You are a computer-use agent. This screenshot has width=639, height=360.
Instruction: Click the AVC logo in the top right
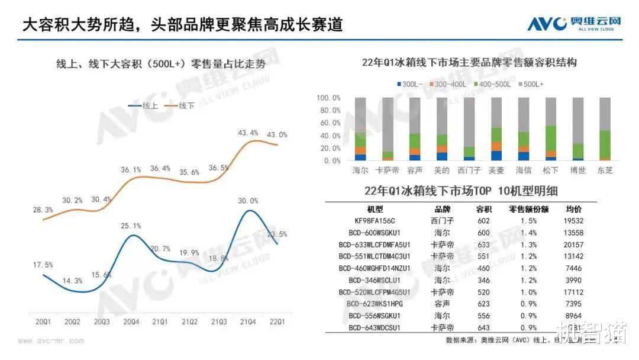pyautogui.click(x=574, y=24)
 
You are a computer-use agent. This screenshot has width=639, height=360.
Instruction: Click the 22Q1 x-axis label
pyautogui.click(x=277, y=322)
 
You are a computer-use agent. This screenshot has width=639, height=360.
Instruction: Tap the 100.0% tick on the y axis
pyautogui.click(x=328, y=98)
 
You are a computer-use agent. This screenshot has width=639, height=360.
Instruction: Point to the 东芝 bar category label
pyautogui.click(x=605, y=171)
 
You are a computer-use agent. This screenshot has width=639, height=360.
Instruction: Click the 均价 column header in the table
pyautogui.click(x=573, y=209)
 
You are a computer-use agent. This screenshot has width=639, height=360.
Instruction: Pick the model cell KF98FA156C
pyautogui.click(x=371, y=220)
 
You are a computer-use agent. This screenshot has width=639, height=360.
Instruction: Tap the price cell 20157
pyautogui.click(x=572, y=244)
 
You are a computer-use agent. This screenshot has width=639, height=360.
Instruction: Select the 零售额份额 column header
pyautogui.click(x=528, y=209)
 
